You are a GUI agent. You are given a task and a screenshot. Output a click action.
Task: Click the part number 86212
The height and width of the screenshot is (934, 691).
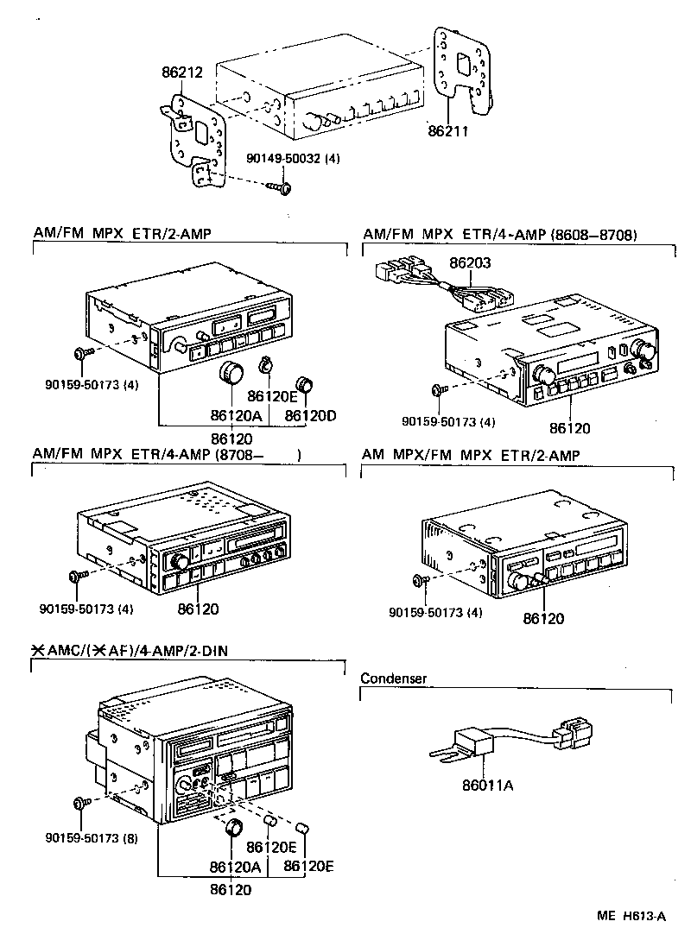click(x=181, y=74)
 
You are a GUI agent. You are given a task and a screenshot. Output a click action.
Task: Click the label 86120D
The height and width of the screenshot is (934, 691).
click(x=310, y=415)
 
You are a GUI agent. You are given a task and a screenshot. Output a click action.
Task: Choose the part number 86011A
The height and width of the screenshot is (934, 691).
click(x=488, y=785)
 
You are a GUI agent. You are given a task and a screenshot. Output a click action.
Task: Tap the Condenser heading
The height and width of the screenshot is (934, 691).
click(x=393, y=678)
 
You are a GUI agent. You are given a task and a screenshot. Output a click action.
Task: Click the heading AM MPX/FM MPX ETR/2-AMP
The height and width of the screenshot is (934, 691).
click(x=471, y=455)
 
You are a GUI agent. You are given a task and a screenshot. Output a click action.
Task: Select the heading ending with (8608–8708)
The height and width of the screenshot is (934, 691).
click(x=500, y=234)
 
